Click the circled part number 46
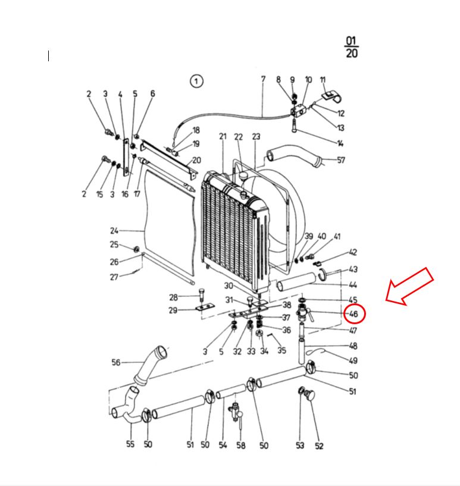tap(353, 313)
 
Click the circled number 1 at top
tap(196, 81)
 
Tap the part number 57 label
tap(341, 160)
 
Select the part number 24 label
tap(114, 231)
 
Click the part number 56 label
tap(116, 362)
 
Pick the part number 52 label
tap(319, 446)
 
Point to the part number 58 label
tap(240, 446)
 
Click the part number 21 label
tap(223, 137)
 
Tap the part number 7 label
tap(262, 79)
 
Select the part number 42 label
tap(353, 253)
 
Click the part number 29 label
tap(173, 311)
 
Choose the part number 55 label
tap(130, 444)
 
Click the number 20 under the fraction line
tap(351, 54)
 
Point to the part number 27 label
tap(114, 277)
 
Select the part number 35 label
tap(281, 350)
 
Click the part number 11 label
tap(323, 80)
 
